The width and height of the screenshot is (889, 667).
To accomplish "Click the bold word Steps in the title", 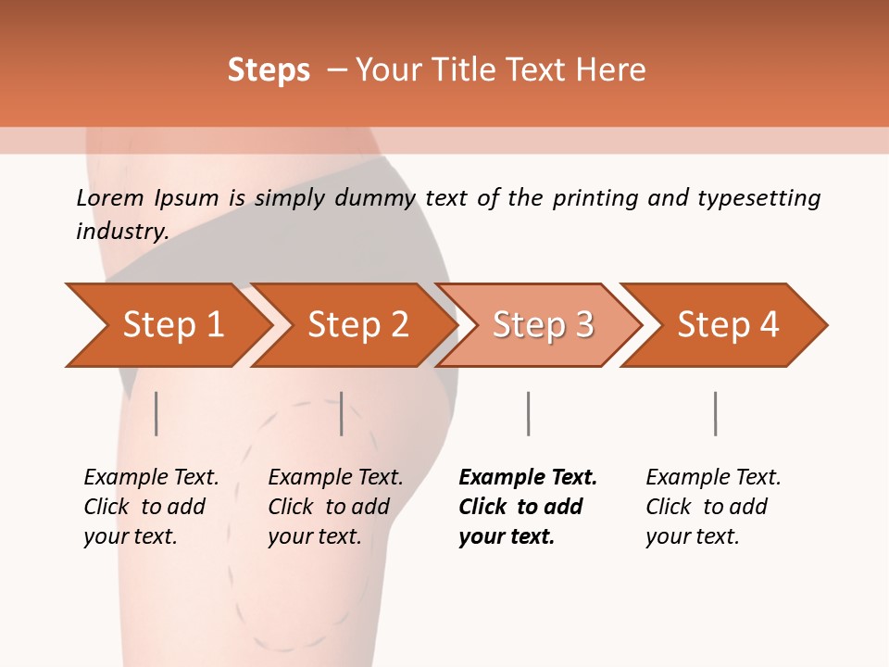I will (269, 69).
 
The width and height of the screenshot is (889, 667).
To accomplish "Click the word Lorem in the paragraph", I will (110, 197).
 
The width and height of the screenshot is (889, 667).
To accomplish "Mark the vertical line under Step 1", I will (157, 413).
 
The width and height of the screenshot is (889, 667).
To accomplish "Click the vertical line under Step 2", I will (342, 413).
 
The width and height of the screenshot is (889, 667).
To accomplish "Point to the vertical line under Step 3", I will (528, 413).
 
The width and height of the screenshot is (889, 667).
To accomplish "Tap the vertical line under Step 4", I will (715, 413).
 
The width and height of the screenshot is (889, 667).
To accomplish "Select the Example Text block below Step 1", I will (151, 507).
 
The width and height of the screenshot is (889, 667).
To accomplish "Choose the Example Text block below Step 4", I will (713, 507).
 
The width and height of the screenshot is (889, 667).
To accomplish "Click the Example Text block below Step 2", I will (335, 507).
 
